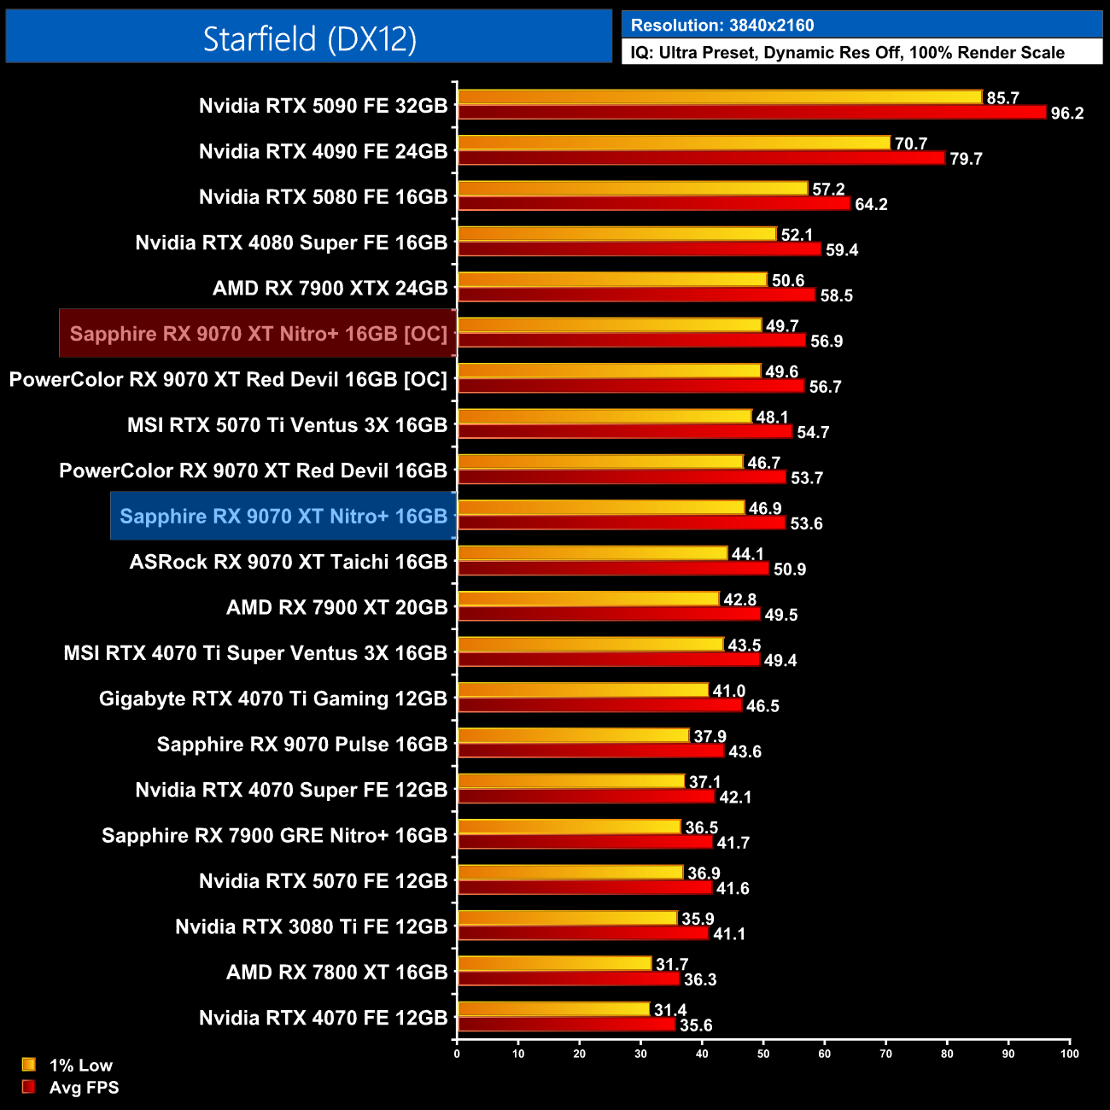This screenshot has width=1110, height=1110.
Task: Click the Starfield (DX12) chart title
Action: pos(309,38)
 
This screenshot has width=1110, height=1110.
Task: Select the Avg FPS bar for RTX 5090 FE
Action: pos(751,112)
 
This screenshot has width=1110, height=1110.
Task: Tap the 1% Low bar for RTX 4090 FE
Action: pos(675,143)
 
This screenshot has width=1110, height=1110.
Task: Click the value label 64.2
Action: pos(871,204)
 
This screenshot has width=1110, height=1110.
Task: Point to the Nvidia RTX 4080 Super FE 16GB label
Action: pos(291,242)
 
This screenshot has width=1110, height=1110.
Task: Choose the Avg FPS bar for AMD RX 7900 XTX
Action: pos(636,295)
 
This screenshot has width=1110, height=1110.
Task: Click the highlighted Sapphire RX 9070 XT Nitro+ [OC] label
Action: pos(258,333)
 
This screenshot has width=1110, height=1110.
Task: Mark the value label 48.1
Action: pos(772,417)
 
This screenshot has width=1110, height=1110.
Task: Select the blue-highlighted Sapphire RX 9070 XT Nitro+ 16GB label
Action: pos(283,516)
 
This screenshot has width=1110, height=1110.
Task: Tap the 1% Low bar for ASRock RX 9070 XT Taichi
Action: pos(593,553)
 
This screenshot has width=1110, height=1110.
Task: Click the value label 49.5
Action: pos(781,615)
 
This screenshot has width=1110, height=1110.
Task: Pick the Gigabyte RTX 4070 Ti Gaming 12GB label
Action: pos(273,698)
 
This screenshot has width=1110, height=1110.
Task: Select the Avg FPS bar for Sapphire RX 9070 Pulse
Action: pos(591,751)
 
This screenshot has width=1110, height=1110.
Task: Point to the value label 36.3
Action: pos(700,979)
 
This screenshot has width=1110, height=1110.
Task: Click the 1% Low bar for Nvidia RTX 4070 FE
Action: pos(553,1009)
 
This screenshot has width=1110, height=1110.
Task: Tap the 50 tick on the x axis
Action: pos(763,1054)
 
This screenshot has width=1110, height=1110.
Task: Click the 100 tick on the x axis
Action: pos(1069,1054)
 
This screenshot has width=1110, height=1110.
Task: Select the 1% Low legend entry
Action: pos(80,1065)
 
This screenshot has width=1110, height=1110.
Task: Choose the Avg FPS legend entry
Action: pos(84,1087)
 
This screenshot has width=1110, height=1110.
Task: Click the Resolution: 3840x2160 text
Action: pos(722,25)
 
